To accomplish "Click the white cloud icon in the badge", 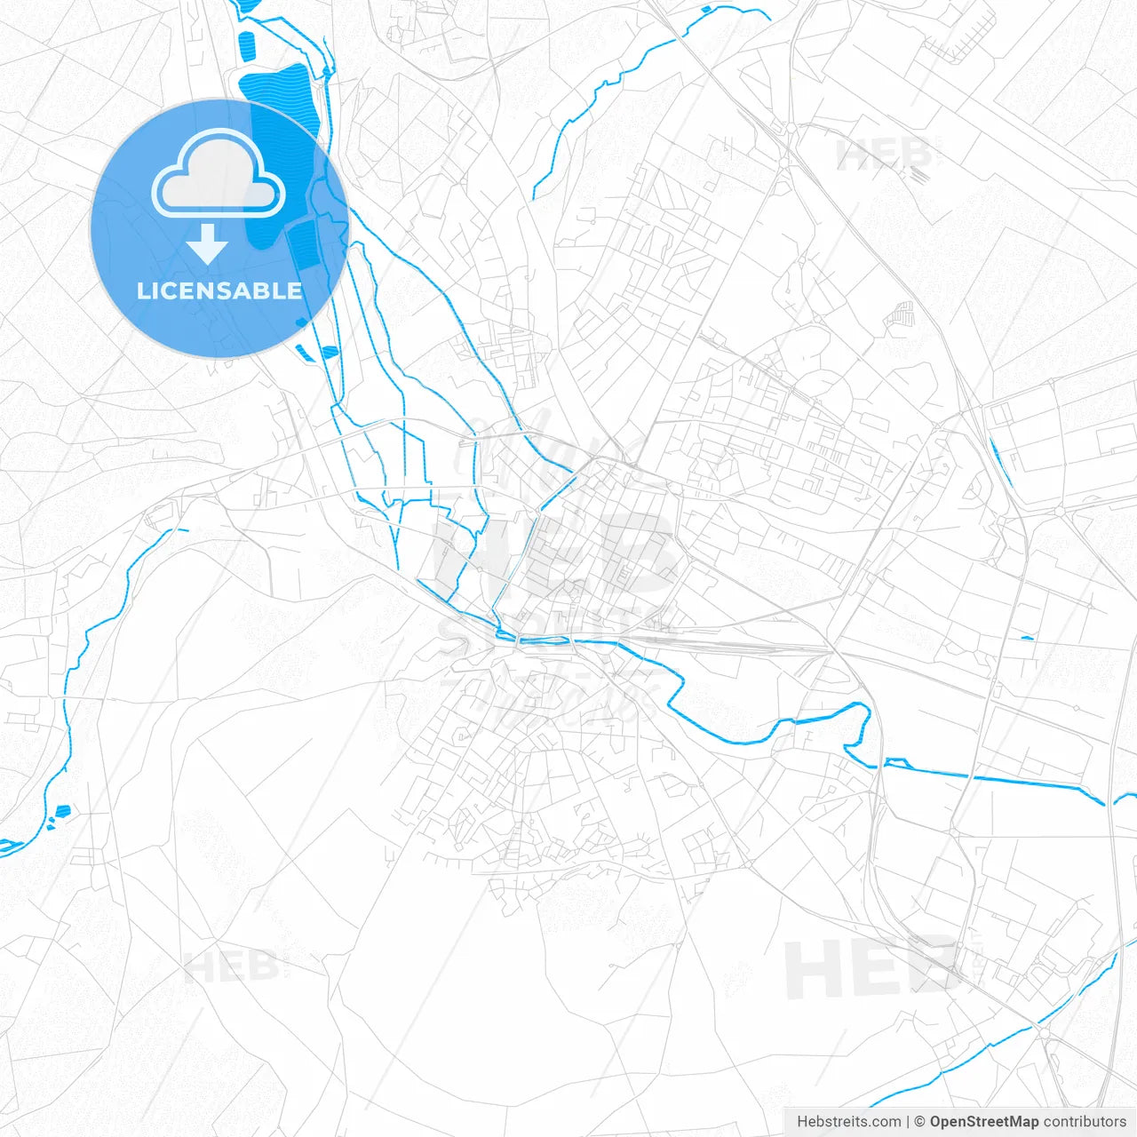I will pos(219,174).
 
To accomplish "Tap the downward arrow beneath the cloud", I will pos(208,244).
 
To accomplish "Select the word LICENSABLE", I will pos(219,290).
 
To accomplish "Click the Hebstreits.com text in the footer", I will pos(848,1122).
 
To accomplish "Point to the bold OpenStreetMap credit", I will pos(983,1122).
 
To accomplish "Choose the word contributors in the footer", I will pos(1085,1122).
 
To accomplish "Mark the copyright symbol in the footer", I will pos(919,1122).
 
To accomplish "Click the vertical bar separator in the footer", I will pos(907,1122).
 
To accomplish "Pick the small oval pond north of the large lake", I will pos(247,44).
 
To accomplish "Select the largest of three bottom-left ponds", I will pos(63,810).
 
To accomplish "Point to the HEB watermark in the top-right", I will pos(883,155).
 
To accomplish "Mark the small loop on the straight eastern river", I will pos(897,762).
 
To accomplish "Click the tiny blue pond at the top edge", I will pos(706,10).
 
